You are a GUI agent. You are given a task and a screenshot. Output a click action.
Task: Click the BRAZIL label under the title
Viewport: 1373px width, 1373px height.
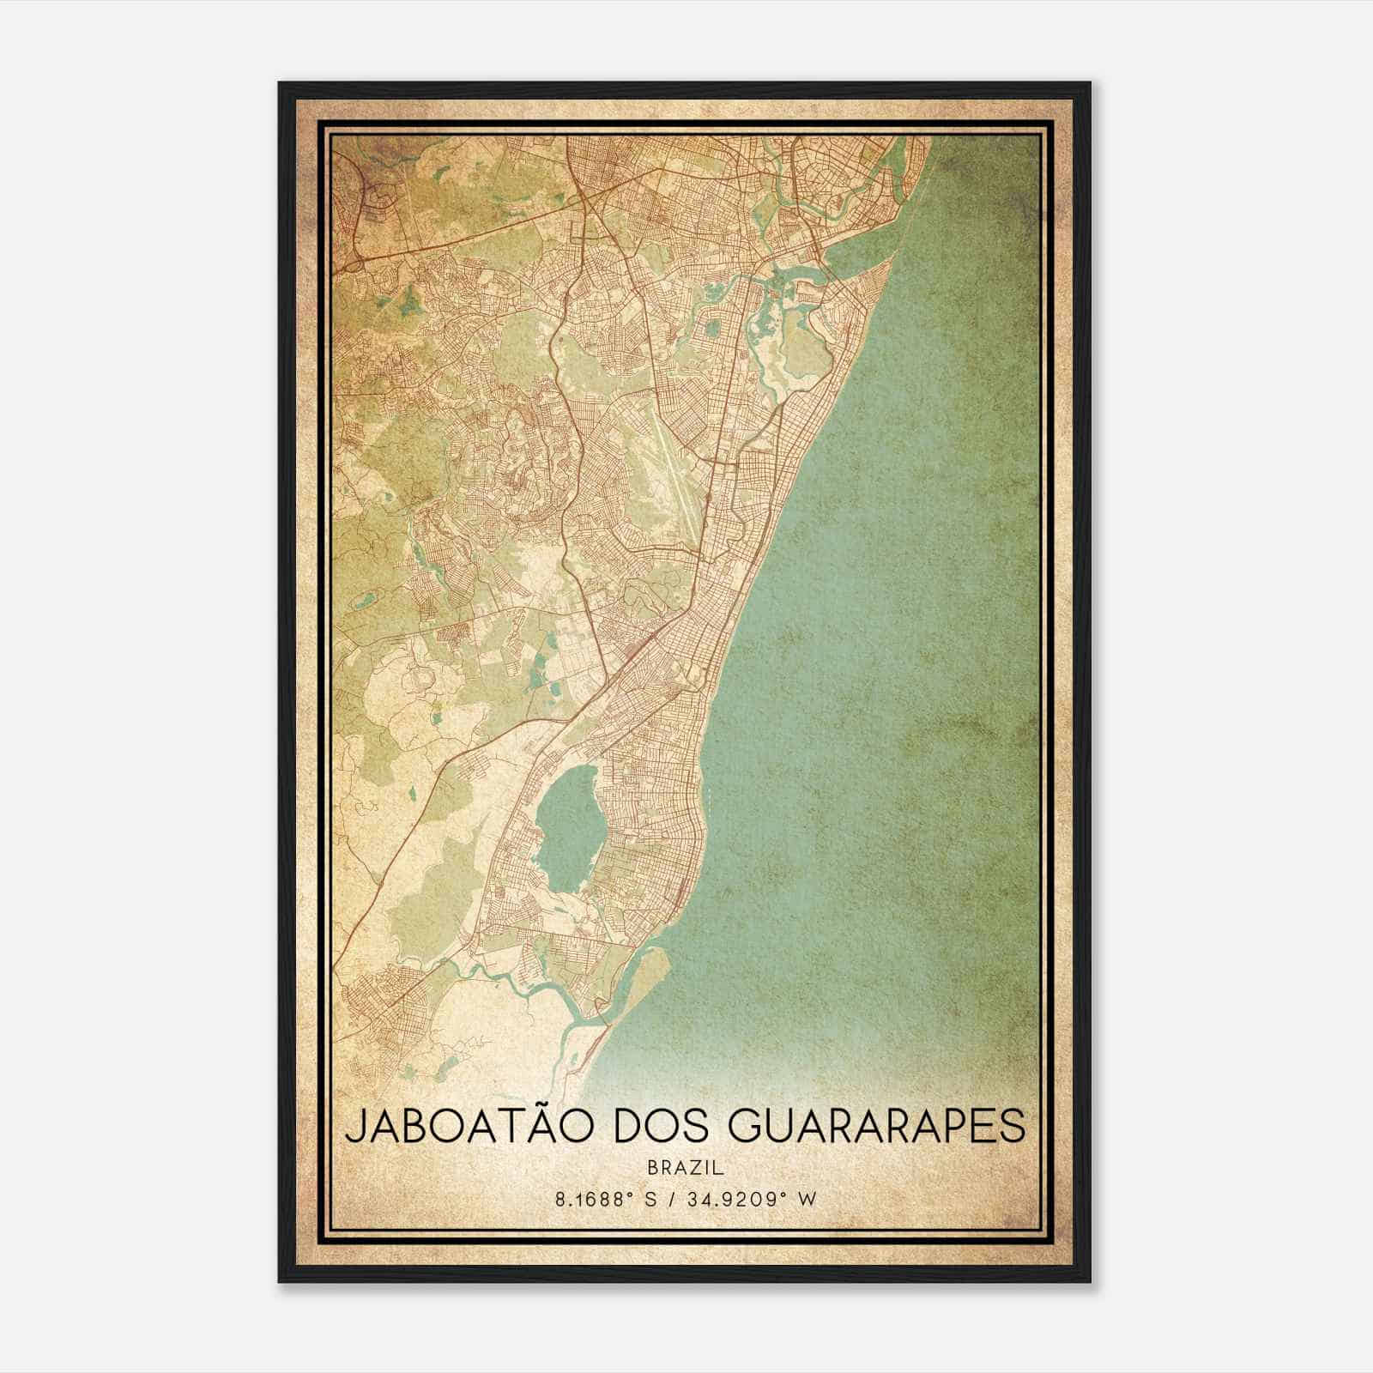pyautogui.click(x=686, y=1168)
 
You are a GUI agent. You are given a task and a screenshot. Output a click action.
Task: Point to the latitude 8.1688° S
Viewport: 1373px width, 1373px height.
pyautogui.click(x=606, y=1199)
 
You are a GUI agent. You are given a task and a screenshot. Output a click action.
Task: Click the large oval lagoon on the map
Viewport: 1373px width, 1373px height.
pyautogui.click(x=568, y=832)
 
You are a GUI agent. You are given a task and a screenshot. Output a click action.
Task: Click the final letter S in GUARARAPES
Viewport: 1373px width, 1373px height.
pyautogui.click(x=1014, y=1127)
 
